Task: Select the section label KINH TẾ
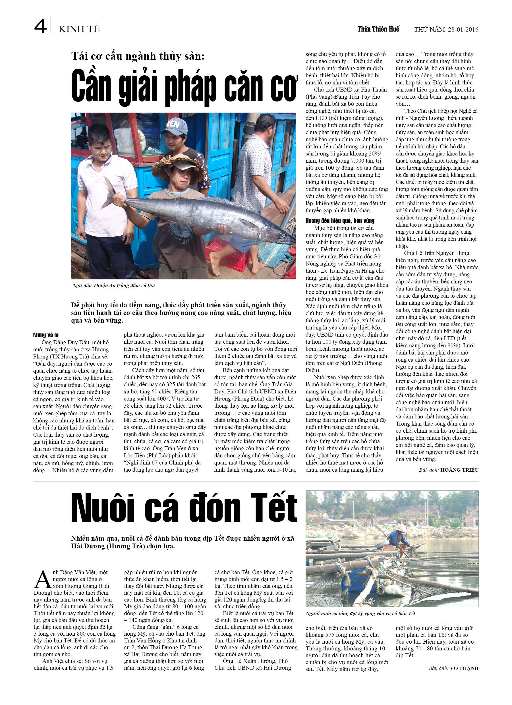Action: (x=79, y=29)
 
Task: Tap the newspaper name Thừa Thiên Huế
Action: (x=378, y=29)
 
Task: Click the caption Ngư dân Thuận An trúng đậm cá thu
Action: (x=113, y=285)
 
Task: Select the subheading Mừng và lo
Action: (x=46, y=335)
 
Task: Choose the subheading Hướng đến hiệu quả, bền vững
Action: (x=340, y=221)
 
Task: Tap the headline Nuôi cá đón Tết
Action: (x=184, y=508)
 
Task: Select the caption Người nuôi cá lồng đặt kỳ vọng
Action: (x=360, y=613)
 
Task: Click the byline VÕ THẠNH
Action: (x=464, y=668)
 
